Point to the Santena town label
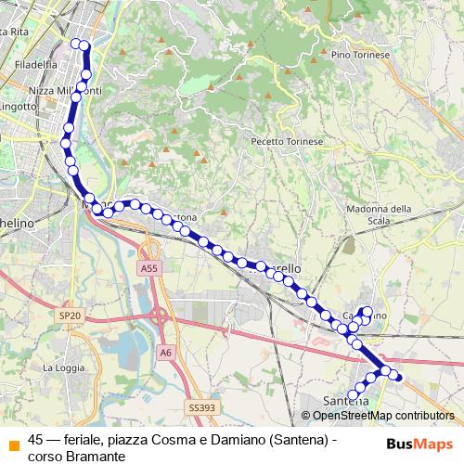[345, 400]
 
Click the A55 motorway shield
[150, 267]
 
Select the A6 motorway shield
[165, 352]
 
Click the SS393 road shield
[200, 406]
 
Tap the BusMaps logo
[419, 444]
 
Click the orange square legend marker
[13, 444]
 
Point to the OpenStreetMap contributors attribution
[377, 416]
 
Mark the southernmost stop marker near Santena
[353, 396]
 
